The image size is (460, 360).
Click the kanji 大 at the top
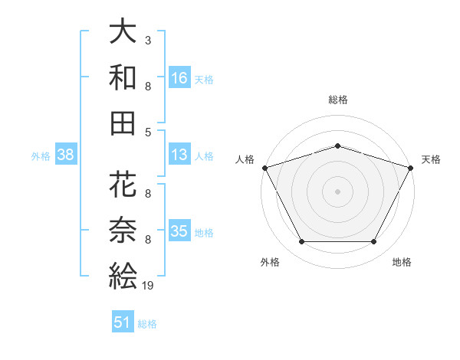(123, 33)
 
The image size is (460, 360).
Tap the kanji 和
(123, 77)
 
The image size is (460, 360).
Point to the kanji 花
(123, 186)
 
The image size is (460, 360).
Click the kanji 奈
(123, 230)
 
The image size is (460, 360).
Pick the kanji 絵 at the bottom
(123, 273)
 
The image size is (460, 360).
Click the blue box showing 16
(179, 77)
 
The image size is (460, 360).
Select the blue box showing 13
(179, 155)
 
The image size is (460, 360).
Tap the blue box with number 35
(179, 231)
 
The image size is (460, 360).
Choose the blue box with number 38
(65, 155)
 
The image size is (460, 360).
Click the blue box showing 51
(123, 322)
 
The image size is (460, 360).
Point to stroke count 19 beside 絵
(149, 286)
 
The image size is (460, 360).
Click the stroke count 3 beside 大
(148, 40)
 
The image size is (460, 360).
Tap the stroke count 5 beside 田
(148, 132)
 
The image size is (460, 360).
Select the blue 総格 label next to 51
(147, 324)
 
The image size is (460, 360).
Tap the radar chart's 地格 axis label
(402, 262)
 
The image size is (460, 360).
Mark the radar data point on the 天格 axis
(412, 168)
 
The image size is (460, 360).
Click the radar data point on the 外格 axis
(301, 242)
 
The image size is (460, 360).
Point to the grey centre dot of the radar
(337, 191)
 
